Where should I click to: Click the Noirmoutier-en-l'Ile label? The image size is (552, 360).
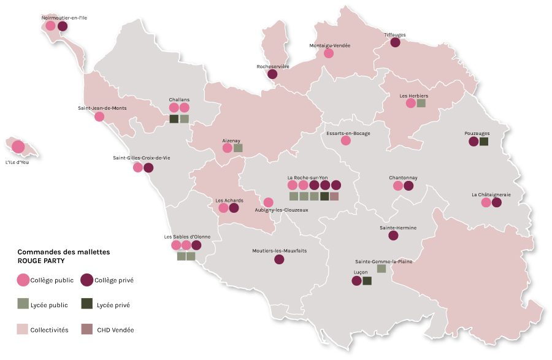pyautogui.click(x=64, y=18)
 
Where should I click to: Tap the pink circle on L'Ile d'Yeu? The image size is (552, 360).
pyautogui.click(x=18, y=147)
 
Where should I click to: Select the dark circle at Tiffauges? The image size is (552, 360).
pyautogui.click(x=395, y=42)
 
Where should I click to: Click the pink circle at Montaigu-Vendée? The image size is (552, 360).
pyautogui.click(x=329, y=53)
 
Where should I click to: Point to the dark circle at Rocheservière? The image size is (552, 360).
pyautogui.click(x=272, y=74)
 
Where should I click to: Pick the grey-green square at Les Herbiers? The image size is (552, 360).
pyautogui.click(x=421, y=103)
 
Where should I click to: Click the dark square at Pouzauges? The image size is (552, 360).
pyautogui.click(x=484, y=142)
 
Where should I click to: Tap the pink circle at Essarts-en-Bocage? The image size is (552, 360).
pyautogui.click(x=346, y=140)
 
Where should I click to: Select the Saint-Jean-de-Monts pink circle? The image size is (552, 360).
pyautogui.click(x=99, y=116)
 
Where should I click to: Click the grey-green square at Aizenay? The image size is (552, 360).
pyautogui.click(x=238, y=148)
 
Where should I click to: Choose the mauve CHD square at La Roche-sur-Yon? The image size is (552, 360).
pyautogui.click(x=334, y=196)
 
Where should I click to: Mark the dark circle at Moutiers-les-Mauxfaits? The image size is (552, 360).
pyautogui.click(x=279, y=259)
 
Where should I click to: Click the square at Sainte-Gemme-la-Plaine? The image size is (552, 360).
pyautogui.click(x=381, y=269)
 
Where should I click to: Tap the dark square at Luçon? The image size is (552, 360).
pyautogui.click(x=367, y=281)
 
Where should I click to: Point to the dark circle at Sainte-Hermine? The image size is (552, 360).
pyautogui.click(x=393, y=236)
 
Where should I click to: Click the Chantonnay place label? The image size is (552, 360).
pyautogui.click(x=403, y=178)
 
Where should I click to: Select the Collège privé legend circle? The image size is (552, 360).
pyautogui.click(x=87, y=280)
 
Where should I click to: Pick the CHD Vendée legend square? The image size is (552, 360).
pyautogui.click(x=86, y=329)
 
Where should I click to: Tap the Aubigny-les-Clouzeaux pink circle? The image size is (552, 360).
pyautogui.click(x=268, y=202)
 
